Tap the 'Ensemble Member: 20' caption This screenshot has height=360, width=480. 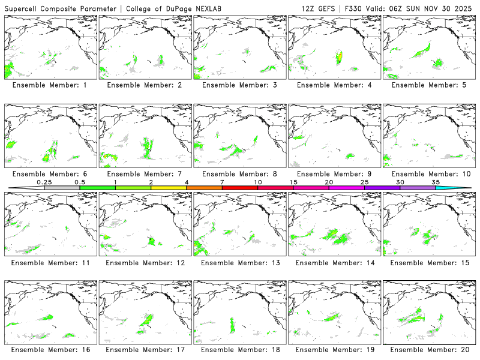point(431,349)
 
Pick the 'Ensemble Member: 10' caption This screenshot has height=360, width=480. point(431,174)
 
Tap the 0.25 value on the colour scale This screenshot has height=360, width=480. point(44,182)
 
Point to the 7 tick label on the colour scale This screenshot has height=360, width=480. point(222,182)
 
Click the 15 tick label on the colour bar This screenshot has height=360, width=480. point(293,182)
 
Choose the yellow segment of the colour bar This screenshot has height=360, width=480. point(169,188)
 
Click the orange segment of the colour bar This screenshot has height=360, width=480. point(204,188)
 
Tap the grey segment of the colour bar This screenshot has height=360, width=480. point(62,188)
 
